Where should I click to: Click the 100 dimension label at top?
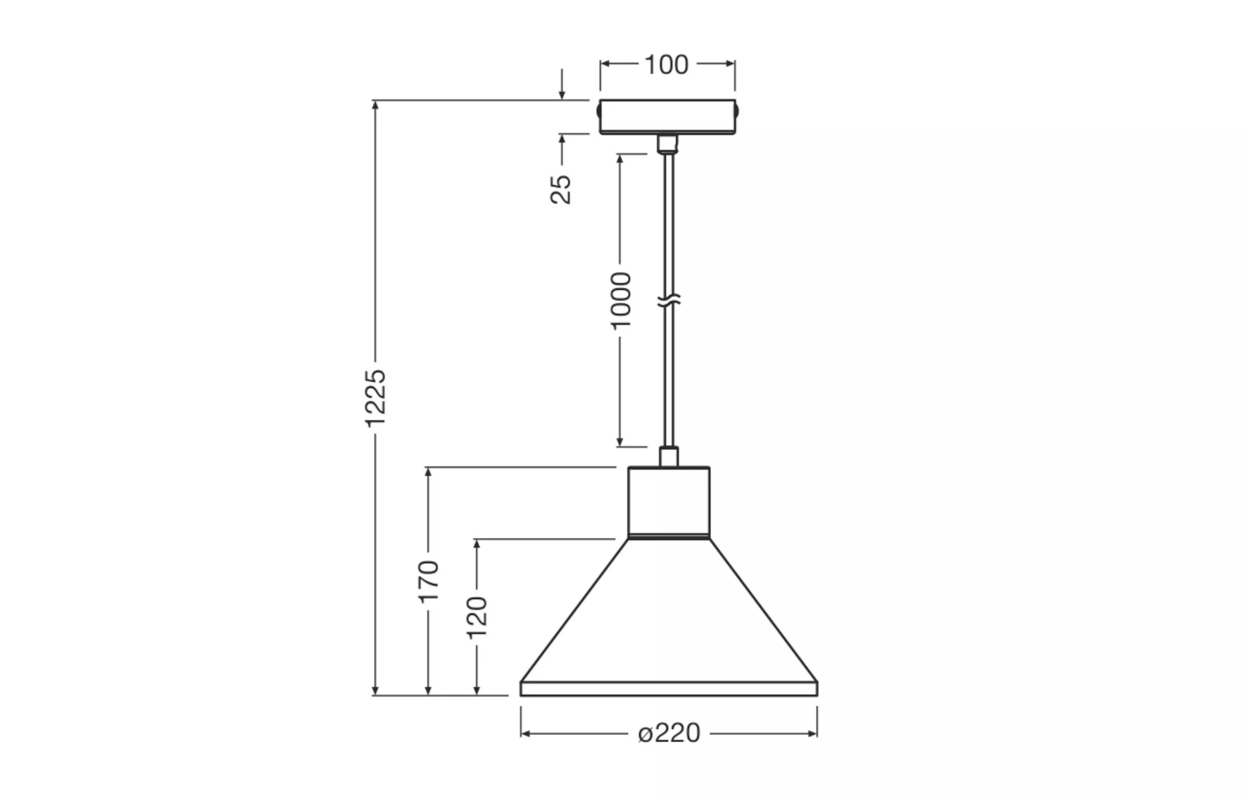pyautogui.click(x=667, y=65)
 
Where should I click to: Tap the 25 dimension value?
pyautogui.click(x=561, y=190)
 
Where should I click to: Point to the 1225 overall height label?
pyautogui.click(x=376, y=399)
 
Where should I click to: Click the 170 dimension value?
pyautogui.click(x=429, y=582)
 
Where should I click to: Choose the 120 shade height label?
pyautogui.click(x=477, y=618)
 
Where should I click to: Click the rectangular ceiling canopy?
pyautogui.click(x=668, y=117)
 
